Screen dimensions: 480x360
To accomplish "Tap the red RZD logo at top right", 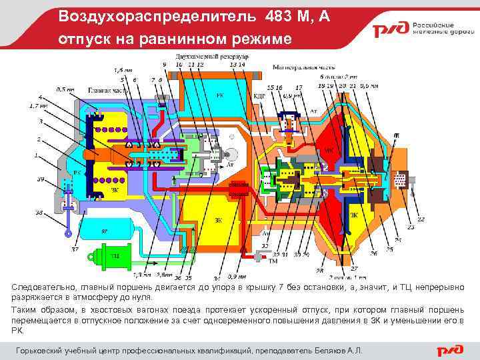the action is coord(389,31).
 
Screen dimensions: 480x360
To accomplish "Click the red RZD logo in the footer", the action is coord(453,351).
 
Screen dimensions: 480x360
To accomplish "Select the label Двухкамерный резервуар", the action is coord(211,57).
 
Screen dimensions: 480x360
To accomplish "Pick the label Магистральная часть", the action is coord(303,68).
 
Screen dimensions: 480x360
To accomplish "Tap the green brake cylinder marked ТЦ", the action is coord(113,255).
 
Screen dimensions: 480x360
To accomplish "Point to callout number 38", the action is coord(39,213).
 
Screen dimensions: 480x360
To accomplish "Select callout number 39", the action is coord(41,179).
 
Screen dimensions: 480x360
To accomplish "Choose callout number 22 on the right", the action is coord(421,219).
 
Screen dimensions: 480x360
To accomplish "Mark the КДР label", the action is coord(260,96).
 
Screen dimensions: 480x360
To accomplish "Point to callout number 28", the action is coord(319,271).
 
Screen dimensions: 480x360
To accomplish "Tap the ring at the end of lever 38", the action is coord(68,234).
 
